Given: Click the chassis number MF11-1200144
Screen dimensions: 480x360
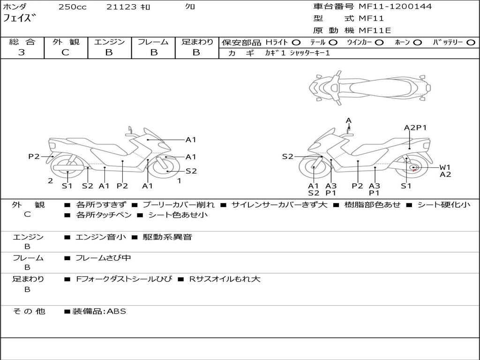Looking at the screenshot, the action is pyautogui.click(x=395, y=7).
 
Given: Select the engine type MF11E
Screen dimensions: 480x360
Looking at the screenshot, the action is pyautogui.click(x=375, y=30).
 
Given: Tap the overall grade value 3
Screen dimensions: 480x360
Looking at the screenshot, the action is pyautogui.click(x=22, y=52).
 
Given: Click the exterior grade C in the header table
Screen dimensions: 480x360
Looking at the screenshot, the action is pyautogui.click(x=65, y=52).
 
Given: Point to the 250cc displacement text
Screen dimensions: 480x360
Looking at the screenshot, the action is pyautogui.click(x=73, y=7).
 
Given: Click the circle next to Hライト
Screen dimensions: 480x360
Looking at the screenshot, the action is pyautogui.click(x=296, y=43).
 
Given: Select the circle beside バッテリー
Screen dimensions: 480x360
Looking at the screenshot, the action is pyautogui.click(x=471, y=43).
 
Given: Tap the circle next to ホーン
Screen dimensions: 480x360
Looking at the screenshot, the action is pyautogui.click(x=418, y=43).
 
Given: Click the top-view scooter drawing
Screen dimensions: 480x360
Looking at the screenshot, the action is pyautogui.click(x=370, y=88).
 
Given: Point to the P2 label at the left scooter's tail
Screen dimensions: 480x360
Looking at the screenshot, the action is pyautogui.click(x=34, y=157).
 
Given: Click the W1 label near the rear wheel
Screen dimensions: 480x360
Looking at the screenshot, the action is pyautogui.click(x=445, y=167).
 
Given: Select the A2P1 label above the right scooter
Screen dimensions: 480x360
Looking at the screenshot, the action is pyautogui.click(x=415, y=127).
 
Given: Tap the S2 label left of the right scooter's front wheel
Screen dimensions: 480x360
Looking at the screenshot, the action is pyautogui.click(x=287, y=157).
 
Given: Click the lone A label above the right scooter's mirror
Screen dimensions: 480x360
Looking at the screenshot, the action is pyautogui.click(x=348, y=120).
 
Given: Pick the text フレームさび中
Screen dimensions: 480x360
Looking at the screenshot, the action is pyautogui.click(x=103, y=258).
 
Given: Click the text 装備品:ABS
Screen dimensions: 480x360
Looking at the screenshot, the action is pyautogui.click(x=99, y=311).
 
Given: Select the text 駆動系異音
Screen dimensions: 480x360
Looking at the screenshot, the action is pyautogui.click(x=167, y=237).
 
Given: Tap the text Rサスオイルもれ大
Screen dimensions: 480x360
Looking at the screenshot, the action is pyautogui.click(x=225, y=279).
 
